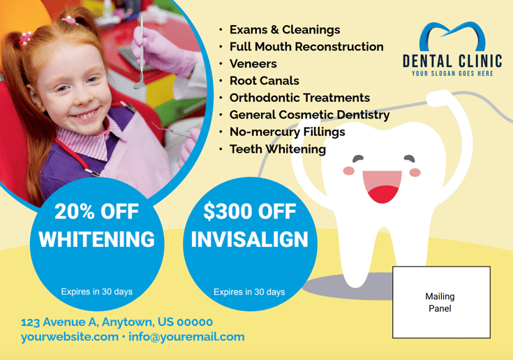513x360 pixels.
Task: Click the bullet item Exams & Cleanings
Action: click(x=284, y=30)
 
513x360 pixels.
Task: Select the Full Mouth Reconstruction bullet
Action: click(x=306, y=47)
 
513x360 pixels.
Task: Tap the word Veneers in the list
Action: click(x=253, y=64)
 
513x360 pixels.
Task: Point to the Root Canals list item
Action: click(x=264, y=81)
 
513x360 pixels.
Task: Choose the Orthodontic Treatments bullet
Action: click(x=299, y=98)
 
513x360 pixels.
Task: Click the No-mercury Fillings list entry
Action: click(x=287, y=132)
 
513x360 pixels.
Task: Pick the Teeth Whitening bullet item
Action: click(x=277, y=149)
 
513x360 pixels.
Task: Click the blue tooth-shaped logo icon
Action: click(x=452, y=39)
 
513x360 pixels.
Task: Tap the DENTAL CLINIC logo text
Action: click(x=452, y=61)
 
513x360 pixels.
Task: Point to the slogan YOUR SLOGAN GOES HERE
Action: click(x=452, y=73)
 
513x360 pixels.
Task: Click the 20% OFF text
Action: click(x=97, y=211)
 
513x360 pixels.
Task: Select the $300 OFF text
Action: click(x=249, y=211)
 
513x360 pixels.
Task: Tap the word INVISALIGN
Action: click(x=249, y=240)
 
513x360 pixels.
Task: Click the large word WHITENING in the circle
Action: click(x=97, y=240)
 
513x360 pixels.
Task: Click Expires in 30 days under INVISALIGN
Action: click(x=249, y=292)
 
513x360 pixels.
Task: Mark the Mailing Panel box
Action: click(x=440, y=302)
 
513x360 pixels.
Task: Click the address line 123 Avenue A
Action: click(x=117, y=322)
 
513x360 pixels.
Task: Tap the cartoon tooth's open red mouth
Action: click(x=382, y=188)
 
